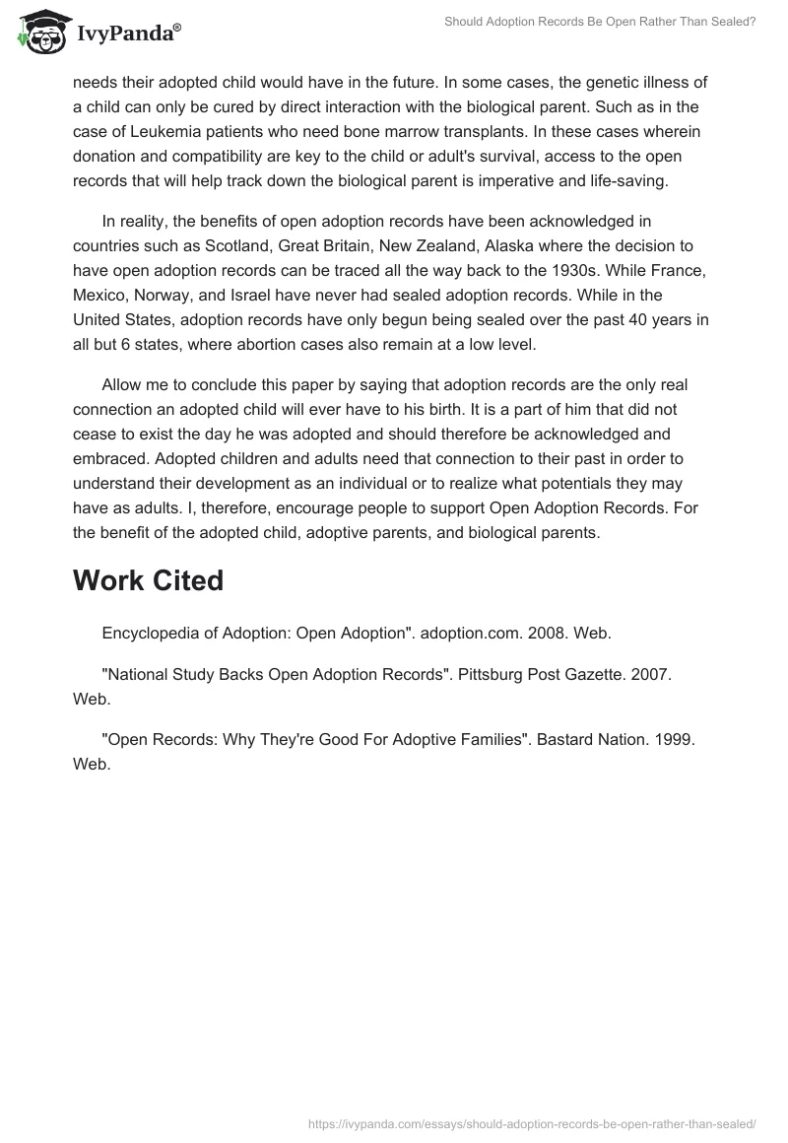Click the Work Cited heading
[x=148, y=580]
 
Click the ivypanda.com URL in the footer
[x=531, y=1123]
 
